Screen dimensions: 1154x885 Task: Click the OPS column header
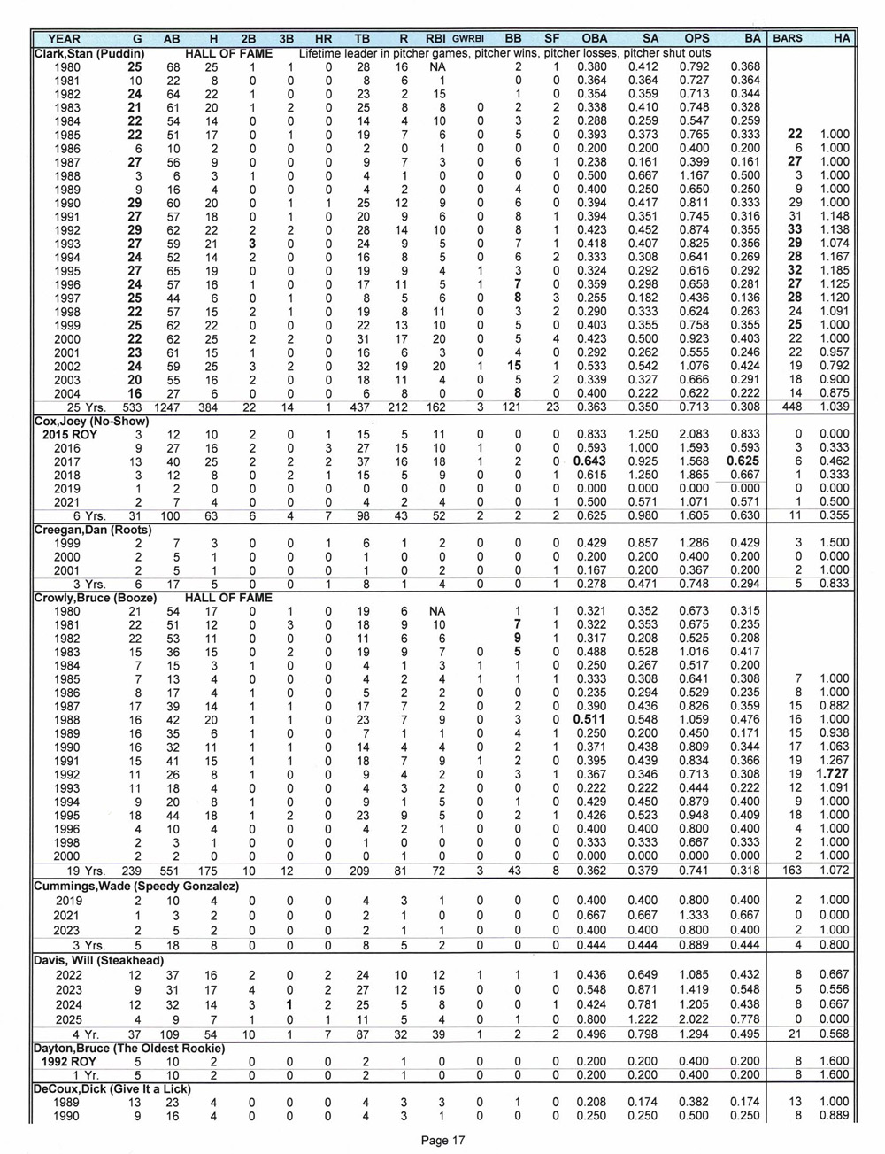(x=696, y=38)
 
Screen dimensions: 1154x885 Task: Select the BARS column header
(x=788, y=38)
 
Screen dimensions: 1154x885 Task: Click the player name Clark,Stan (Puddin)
(x=89, y=52)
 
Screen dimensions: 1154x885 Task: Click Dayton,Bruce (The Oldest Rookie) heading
(x=128, y=1049)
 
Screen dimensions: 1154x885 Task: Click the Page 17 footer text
(x=442, y=1141)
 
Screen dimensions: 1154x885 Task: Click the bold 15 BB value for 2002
(x=512, y=366)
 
